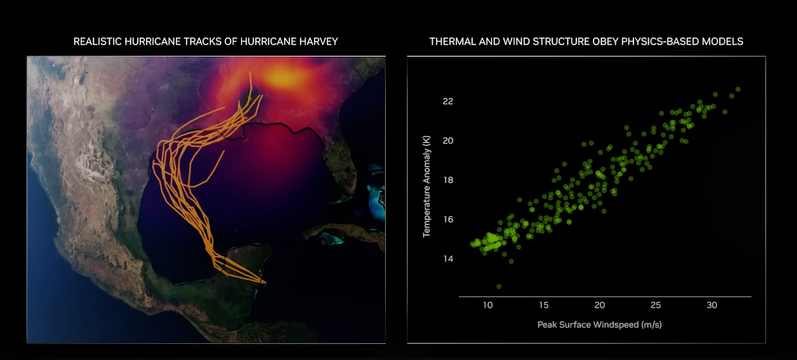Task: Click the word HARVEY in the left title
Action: (318, 42)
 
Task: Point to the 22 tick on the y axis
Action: (448, 102)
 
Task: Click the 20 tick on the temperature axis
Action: (448, 141)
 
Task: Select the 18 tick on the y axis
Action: (448, 180)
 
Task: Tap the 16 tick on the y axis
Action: (448, 220)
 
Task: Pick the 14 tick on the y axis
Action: (448, 258)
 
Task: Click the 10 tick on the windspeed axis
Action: (488, 305)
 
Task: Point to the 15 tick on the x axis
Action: (543, 305)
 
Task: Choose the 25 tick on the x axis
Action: (656, 305)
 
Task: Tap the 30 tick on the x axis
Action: (712, 305)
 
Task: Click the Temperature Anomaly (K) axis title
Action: (426, 186)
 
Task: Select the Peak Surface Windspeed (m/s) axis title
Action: (600, 325)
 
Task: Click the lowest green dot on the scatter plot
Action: (499, 286)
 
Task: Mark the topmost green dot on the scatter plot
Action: (738, 89)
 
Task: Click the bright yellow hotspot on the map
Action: (283, 77)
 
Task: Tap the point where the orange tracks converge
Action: (264, 282)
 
